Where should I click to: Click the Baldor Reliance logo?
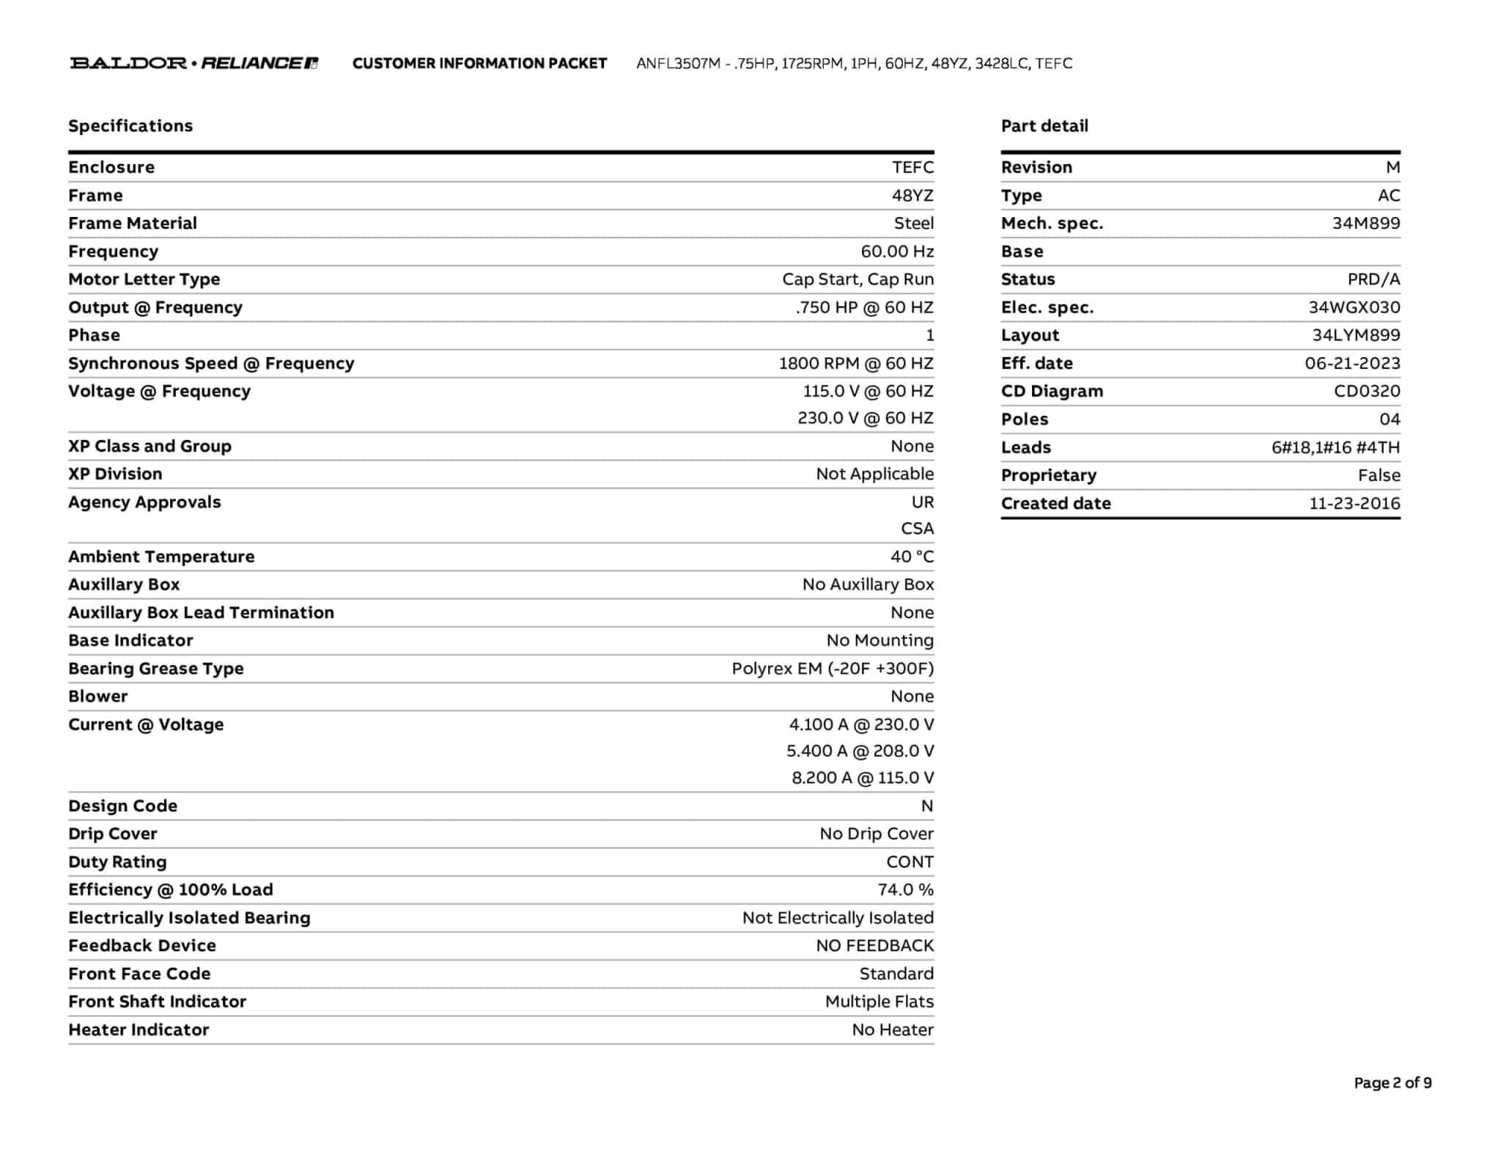pos(193,63)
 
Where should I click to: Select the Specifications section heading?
pos(130,126)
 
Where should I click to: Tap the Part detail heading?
pos(1044,126)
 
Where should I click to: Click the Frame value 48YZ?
pos(912,196)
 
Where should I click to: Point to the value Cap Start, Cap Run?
pos(858,279)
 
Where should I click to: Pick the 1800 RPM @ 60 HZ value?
pos(856,364)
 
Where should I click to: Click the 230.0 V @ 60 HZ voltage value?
pos(866,418)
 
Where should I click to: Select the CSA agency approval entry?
pos(917,529)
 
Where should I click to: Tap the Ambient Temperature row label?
pos(161,557)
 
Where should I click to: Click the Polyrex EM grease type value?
pos(833,669)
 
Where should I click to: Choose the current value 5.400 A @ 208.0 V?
pos(860,751)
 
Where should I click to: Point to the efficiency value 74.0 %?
pos(905,890)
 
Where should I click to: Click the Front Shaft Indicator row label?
pos(157,1002)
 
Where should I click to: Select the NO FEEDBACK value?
pos(874,946)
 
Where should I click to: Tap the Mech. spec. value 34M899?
pos(1365,224)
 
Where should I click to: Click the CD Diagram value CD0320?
pos(1367,392)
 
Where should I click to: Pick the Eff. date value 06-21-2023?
pos(1352,364)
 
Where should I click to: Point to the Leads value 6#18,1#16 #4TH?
pos(1335,447)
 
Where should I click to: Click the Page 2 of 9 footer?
pos(1393,1083)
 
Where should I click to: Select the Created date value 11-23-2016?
pos(1354,504)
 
